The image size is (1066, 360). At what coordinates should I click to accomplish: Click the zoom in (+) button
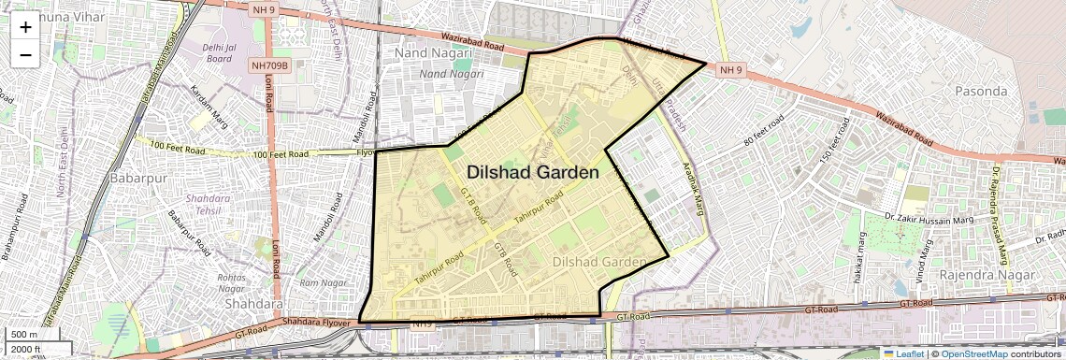25,27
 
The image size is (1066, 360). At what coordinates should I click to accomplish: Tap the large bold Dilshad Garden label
532,172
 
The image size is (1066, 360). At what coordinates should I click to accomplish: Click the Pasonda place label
981,92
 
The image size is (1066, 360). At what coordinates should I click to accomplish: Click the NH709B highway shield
271,66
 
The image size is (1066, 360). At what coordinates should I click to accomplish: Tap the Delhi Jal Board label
219,51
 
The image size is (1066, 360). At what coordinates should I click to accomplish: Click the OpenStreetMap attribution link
974,353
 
